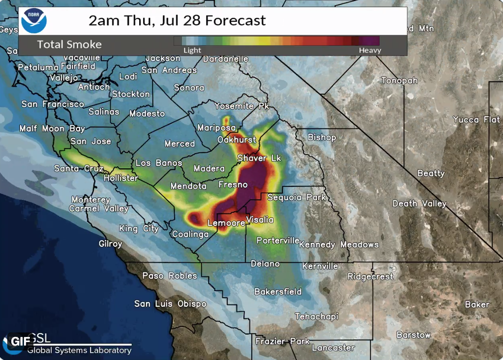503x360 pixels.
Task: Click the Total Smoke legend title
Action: click(69, 44)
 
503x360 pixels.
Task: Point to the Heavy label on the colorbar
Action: click(370, 50)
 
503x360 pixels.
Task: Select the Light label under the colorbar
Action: click(192, 50)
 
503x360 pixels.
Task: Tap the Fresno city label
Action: click(233, 184)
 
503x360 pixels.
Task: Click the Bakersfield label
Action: click(277, 291)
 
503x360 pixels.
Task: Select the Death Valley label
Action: click(419, 203)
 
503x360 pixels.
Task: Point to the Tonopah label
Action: click(399, 80)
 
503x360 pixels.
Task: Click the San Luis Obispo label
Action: click(170, 304)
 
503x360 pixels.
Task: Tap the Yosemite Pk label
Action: click(241, 106)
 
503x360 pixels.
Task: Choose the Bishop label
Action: click(322, 137)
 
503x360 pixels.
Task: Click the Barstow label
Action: click(413, 335)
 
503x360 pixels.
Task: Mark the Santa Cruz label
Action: click(79, 168)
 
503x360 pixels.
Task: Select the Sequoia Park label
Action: click(296, 197)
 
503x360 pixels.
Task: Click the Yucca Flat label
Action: click(476, 120)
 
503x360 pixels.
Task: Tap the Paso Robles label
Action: click(169, 275)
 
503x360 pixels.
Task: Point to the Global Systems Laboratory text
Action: click(79, 350)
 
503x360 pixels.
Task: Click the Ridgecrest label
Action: click(370, 276)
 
